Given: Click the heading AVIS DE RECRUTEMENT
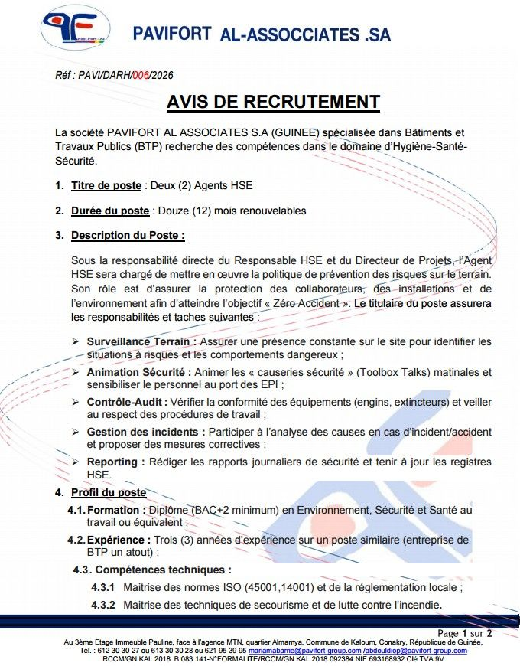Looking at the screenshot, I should (273, 102).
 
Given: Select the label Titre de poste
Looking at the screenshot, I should (106, 185).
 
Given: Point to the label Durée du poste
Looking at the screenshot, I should (110, 211).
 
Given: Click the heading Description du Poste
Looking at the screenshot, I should (128, 235).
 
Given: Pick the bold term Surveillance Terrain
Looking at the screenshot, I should (141, 341).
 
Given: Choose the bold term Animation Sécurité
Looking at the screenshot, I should (138, 372).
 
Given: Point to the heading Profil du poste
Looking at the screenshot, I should (109, 492).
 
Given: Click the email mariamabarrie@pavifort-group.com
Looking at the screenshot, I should (306, 650).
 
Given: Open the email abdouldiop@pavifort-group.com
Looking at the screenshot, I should (414, 650).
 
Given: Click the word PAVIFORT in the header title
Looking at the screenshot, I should (172, 34).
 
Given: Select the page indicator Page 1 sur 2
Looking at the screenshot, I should (465, 633).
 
